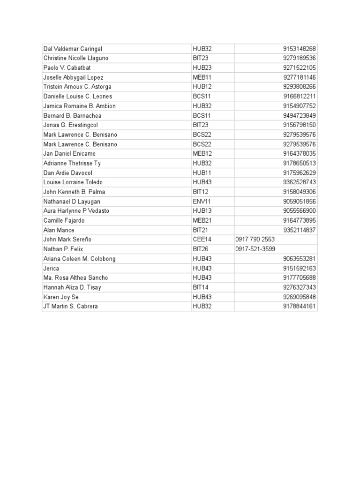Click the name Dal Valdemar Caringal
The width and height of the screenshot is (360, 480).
point(73,49)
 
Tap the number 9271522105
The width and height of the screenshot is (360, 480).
point(299,68)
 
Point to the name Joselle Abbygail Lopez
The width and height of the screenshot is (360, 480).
point(73,77)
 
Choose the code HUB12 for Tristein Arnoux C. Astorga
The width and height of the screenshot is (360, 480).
point(202,87)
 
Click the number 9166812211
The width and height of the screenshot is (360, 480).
point(299,97)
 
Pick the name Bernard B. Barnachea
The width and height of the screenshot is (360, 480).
point(72,116)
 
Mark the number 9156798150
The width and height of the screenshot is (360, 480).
point(299,125)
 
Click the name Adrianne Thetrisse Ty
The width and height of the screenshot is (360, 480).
point(72,163)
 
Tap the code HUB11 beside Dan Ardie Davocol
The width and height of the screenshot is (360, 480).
point(202,173)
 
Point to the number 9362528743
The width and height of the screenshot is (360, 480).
point(299,182)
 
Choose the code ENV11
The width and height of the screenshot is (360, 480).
point(202,202)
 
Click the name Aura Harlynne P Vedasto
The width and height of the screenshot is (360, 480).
point(76,211)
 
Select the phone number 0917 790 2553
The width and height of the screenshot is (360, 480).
point(255,240)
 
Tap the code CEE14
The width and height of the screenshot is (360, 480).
point(202,240)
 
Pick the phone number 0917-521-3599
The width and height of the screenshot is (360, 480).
point(255,249)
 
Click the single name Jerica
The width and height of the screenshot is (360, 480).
point(51,269)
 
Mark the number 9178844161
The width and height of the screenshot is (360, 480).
point(299,307)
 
